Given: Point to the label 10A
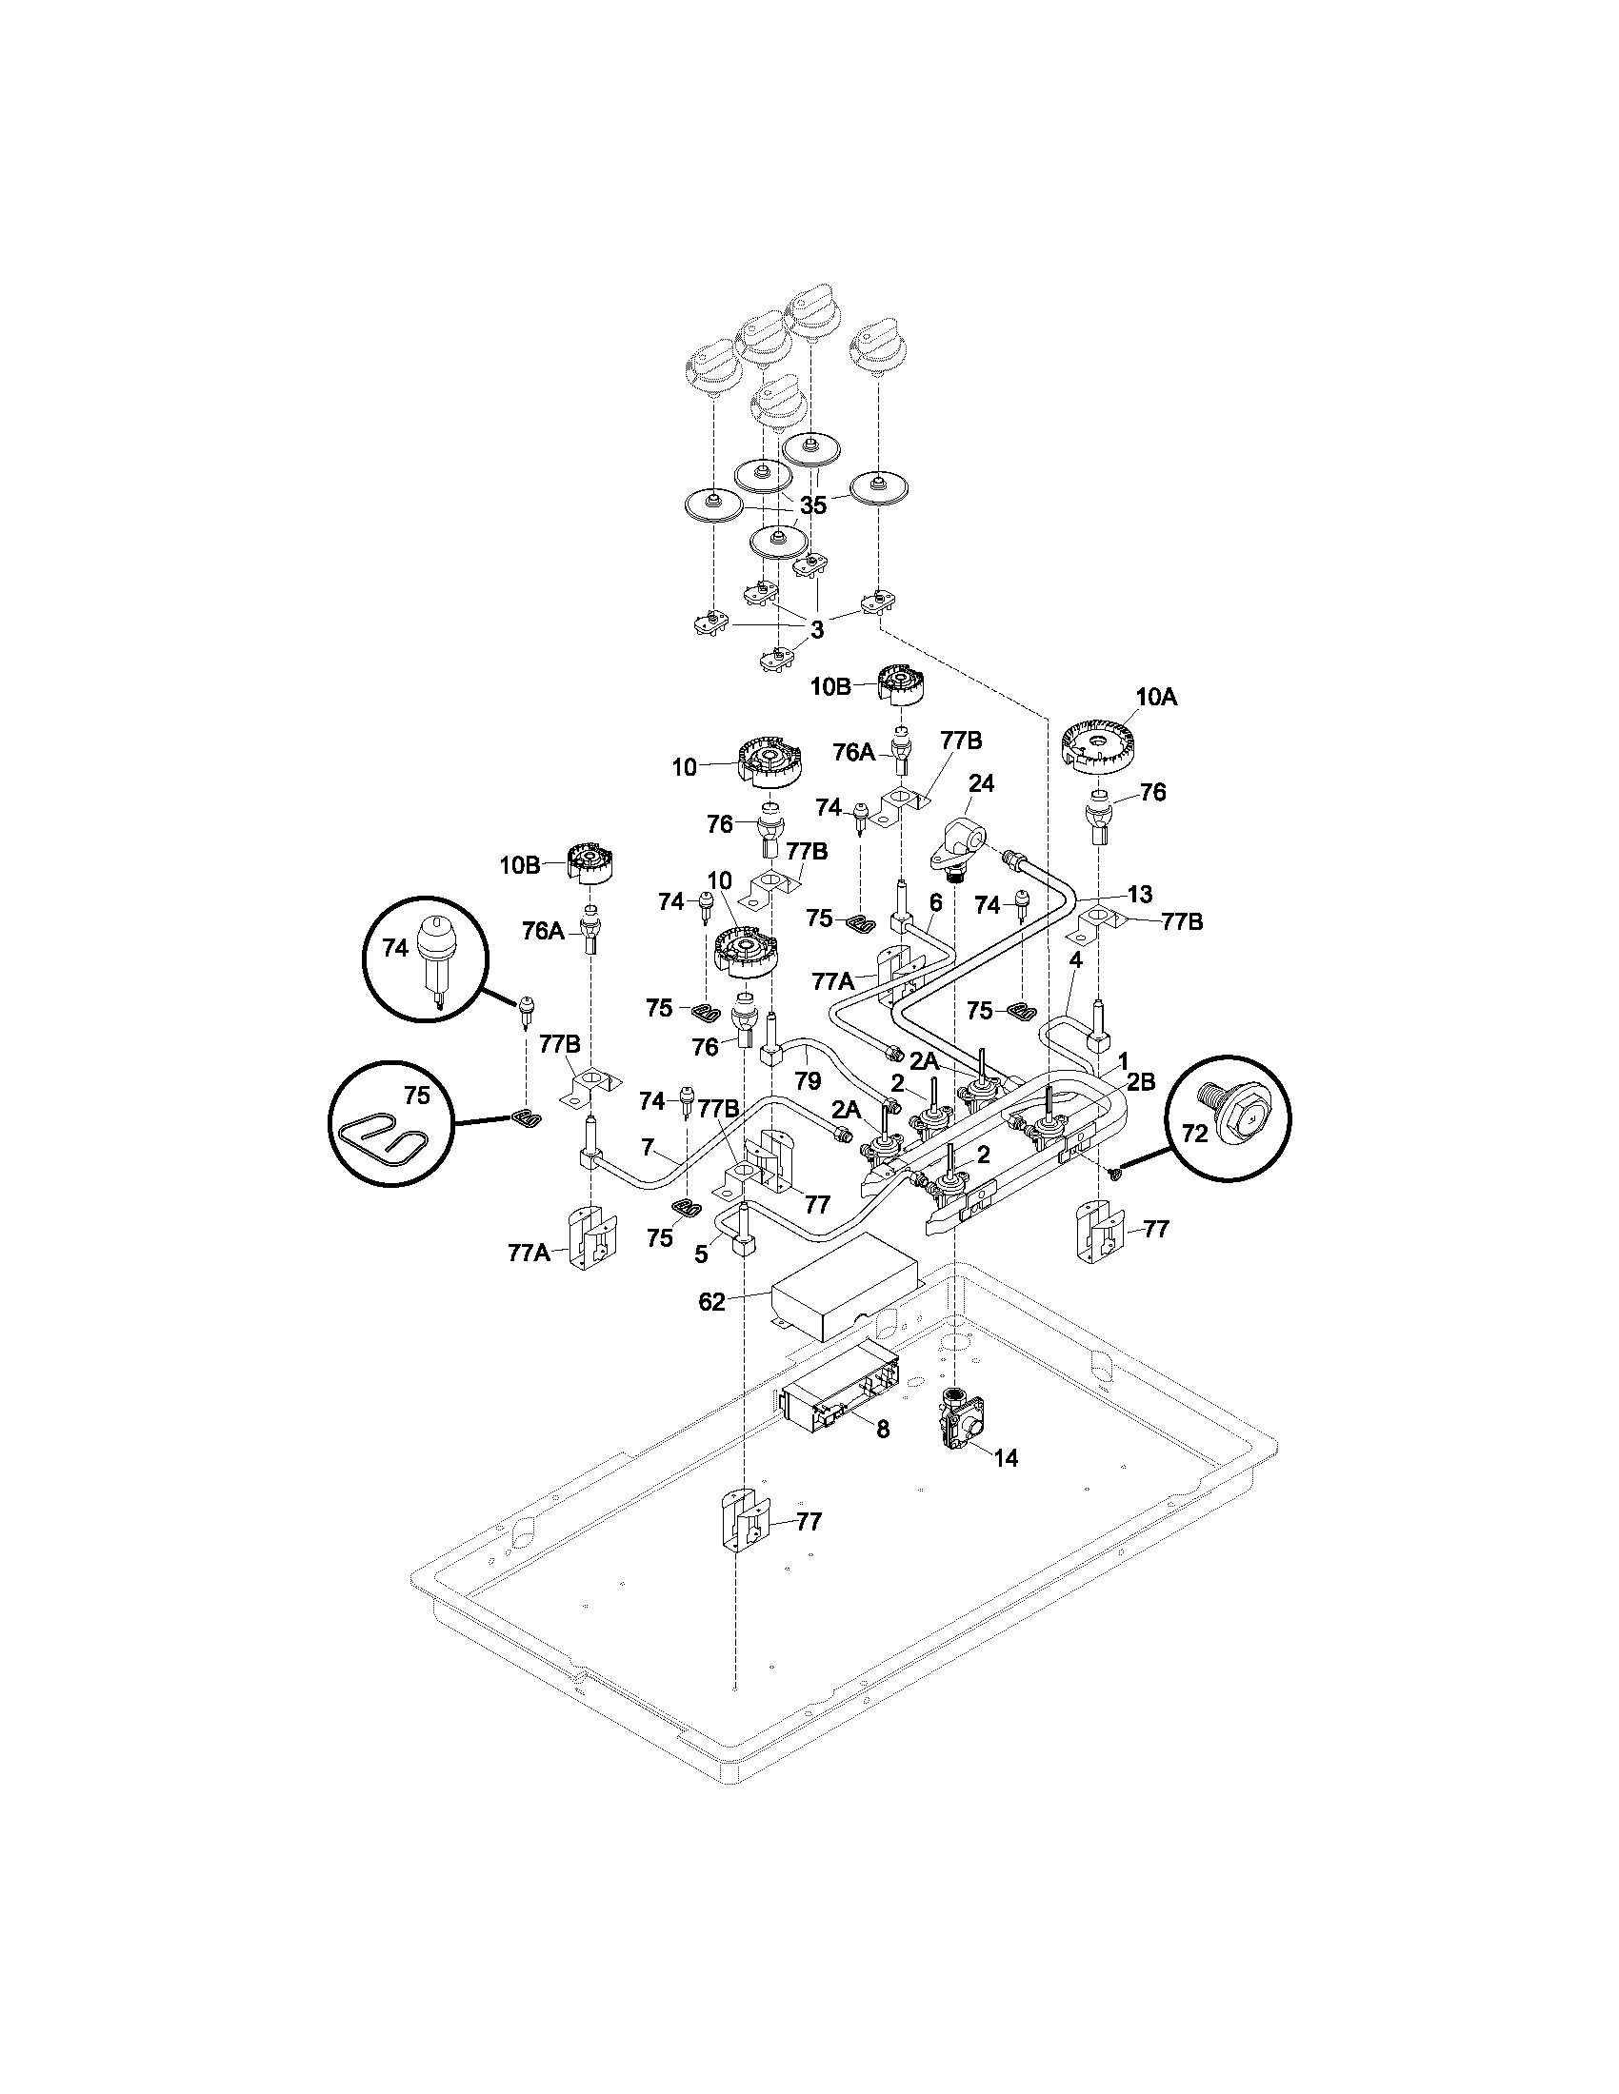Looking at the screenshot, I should coord(1157,698).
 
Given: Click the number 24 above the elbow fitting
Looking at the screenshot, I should coord(981,783).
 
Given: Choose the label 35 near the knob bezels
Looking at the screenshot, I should coord(812,505).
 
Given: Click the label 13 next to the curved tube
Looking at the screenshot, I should coord(1139,895).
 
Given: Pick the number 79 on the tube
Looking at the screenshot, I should coord(808,1080).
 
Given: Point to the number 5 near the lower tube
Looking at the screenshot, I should coord(700,1254).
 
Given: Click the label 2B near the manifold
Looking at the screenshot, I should coord(1140,1082).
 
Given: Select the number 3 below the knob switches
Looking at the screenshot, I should coord(816,630).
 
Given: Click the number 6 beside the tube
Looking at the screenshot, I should coord(936,902).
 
